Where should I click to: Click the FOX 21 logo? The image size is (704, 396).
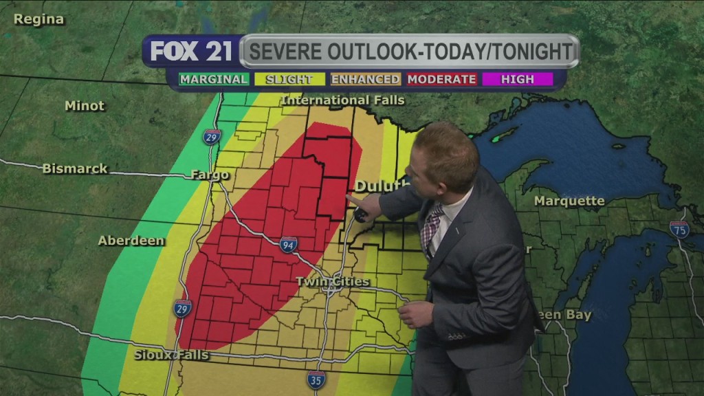[190, 52]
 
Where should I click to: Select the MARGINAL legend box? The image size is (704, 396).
[214, 79]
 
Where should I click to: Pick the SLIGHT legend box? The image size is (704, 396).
[289, 79]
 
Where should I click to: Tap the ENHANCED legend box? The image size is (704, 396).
[365, 79]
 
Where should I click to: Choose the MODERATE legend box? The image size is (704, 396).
[441, 79]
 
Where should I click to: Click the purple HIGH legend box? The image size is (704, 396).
[517, 79]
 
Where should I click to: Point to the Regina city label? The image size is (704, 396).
[38, 19]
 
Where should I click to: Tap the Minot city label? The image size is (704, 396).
[85, 106]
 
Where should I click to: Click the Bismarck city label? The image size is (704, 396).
[75, 168]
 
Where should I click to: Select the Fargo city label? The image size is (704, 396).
[210, 175]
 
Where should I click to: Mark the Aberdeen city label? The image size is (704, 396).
[131, 241]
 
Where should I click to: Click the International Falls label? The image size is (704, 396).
[342, 100]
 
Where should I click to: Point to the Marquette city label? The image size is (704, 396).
[569, 201]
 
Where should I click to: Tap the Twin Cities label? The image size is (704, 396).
[332, 282]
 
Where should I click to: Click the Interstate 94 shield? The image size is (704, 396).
[289, 245]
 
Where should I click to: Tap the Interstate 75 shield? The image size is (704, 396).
[679, 230]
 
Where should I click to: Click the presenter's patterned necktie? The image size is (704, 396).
[431, 226]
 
